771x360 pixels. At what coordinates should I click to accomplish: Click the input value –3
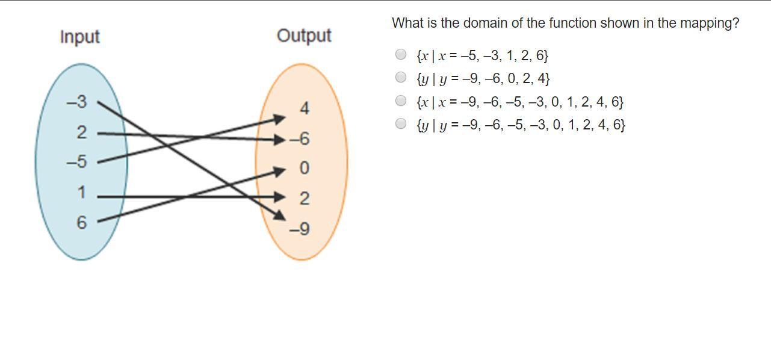tap(76, 102)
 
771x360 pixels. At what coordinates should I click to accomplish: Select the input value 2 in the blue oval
tap(81, 132)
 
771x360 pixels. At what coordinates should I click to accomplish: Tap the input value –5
tap(76, 162)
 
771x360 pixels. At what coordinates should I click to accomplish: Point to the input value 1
tap(81, 193)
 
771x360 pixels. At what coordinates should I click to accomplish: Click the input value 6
tap(81, 223)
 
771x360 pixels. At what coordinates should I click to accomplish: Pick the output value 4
tap(304, 109)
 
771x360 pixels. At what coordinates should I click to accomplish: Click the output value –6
tap(300, 139)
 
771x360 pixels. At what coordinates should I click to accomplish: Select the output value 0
tap(304, 169)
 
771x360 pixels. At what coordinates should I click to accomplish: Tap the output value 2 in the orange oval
tap(304, 199)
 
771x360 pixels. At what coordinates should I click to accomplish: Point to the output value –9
tap(299, 229)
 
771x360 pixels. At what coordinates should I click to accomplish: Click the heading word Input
tap(79, 37)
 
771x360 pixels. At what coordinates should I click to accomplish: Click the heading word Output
tap(304, 36)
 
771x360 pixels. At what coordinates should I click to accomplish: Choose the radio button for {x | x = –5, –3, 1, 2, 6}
tap(401, 54)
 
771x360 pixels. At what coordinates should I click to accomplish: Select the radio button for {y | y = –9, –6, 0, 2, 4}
tap(401, 77)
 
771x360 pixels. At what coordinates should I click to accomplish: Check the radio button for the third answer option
tap(401, 100)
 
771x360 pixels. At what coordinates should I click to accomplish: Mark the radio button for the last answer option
tap(401, 123)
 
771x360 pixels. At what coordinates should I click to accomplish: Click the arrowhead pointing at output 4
tap(279, 119)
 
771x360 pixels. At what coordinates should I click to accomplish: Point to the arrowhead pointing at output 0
tap(279, 171)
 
